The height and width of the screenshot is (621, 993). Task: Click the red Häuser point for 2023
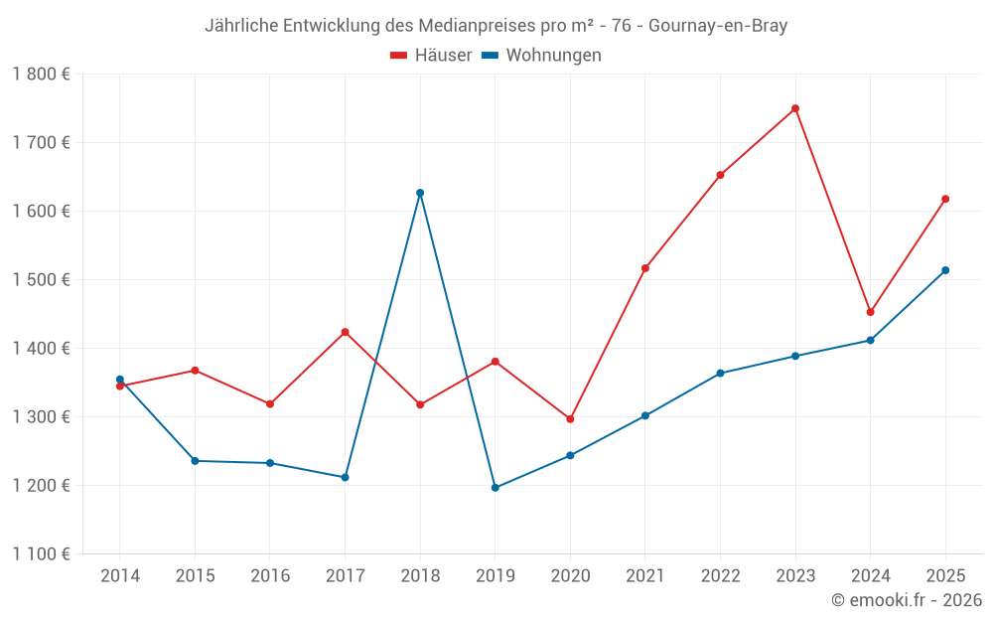coord(795,108)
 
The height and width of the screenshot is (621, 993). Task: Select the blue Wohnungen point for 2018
coord(420,193)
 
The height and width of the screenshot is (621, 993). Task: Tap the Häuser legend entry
coord(431,56)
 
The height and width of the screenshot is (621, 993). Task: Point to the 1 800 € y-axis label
coord(42,74)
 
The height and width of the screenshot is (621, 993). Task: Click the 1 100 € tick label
coord(42,554)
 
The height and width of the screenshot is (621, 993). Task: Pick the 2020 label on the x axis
coord(570,576)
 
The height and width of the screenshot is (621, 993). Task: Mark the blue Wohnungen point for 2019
coord(496,488)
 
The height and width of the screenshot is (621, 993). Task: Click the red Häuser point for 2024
coord(871,312)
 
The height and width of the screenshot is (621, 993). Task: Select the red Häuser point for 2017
coord(346,332)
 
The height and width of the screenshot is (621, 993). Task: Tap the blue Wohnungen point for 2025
coord(945,270)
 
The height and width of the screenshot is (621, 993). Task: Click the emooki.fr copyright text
coord(907,600)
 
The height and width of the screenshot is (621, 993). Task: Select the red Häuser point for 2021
coord(645,268)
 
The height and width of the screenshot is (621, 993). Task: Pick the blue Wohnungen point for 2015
coord(195,461)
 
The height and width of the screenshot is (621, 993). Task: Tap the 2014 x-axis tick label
coord(120,576)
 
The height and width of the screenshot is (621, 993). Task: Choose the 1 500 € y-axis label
coord(42,279)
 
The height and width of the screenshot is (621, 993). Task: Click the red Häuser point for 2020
coord(570,419)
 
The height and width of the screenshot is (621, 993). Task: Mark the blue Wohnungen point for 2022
coord(721,374)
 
